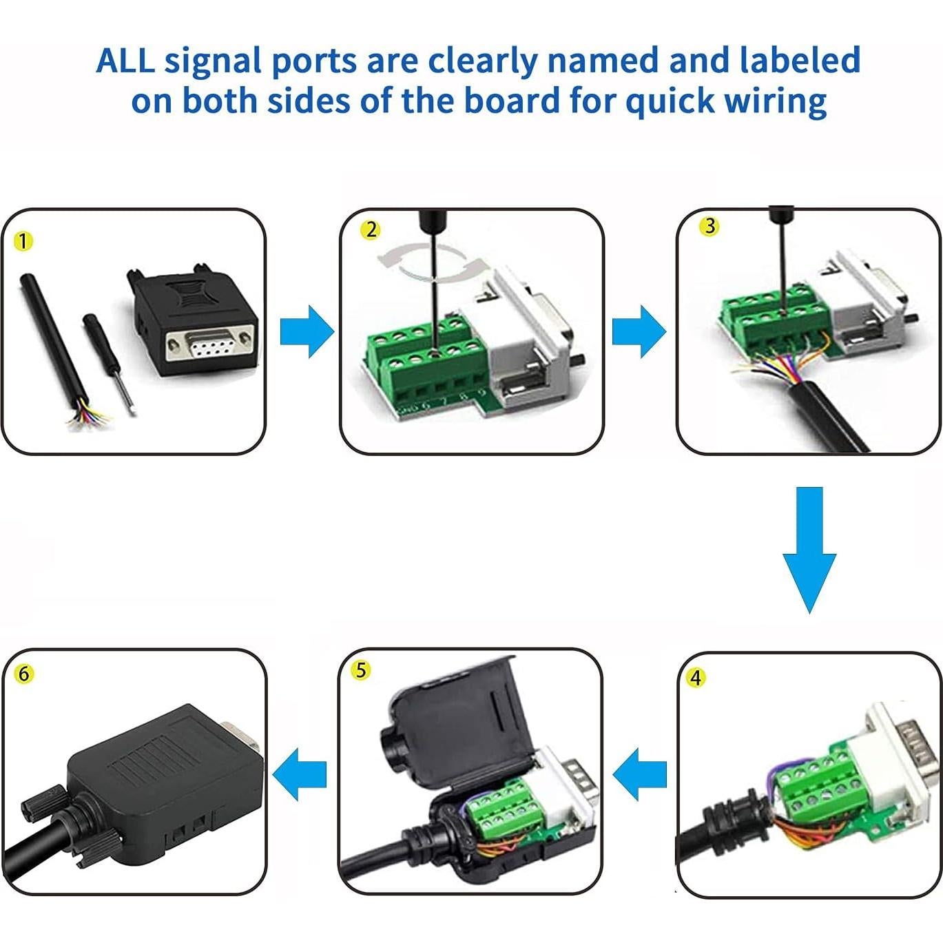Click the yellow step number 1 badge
coord(23,242)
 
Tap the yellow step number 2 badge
coord(371,229)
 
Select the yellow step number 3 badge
coord(709,226)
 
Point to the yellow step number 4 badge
coord(696,678)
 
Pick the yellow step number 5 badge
coord(361,670)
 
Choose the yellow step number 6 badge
coord(23,673)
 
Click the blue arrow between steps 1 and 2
coord(307,331)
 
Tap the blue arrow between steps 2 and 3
coord(639,331)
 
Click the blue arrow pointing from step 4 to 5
coord(640,774)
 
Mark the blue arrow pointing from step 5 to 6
coord(300,774)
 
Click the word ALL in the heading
coord(125,61)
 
